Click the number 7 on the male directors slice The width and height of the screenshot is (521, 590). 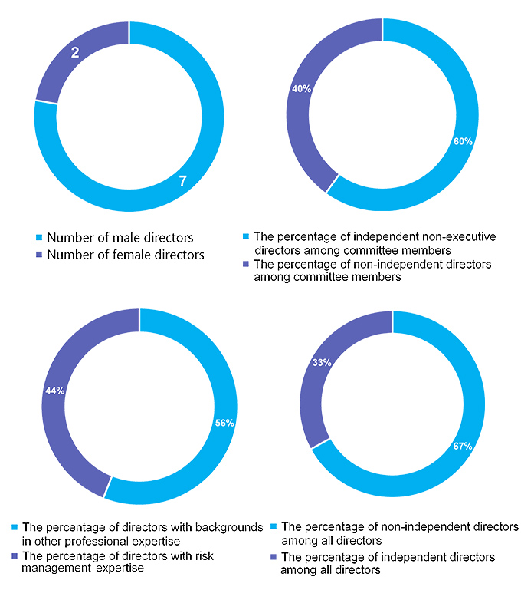tap(183, 181)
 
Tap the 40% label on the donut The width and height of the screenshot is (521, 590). tap(301, 89)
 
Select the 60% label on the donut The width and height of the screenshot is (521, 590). tap(463, 142)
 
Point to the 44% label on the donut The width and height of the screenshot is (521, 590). tap(54, 391)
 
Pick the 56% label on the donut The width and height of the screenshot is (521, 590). tap(224, 423)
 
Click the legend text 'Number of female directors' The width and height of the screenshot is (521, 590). tap(126, 255)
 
